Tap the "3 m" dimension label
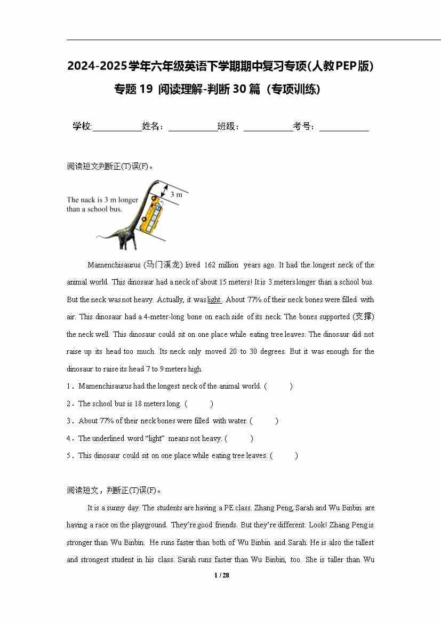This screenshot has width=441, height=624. pyautogui.click(x=176, y=195)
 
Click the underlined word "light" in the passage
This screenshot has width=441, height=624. pyautogui.click(x=214, y=299)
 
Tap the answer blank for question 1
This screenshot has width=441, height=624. pyautogui.click(x=278, y=386)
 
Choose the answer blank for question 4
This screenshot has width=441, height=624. pyautogui.click(x=239, y=438)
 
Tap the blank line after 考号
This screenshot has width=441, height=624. pyautogui.click(x=344, y=127)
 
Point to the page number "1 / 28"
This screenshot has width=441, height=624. pyautogui.click(x=221, y=575)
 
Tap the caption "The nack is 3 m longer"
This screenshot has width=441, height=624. pyautogui.click(x=102, y=200)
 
